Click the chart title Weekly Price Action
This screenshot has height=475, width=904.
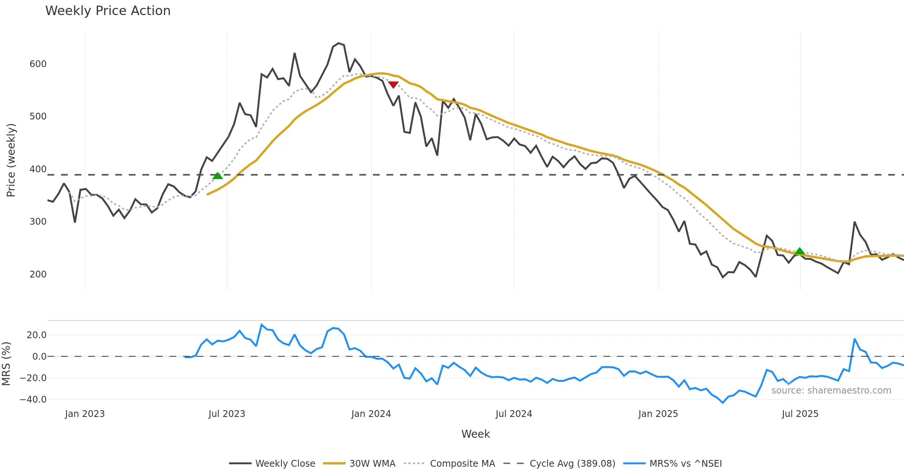pos(108,11)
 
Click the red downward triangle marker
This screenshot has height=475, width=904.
pos(393,85)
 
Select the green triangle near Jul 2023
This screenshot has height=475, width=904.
pos(217,176)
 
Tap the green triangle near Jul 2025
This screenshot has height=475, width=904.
pos(800,251)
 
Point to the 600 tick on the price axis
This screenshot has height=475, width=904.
pos(38,64)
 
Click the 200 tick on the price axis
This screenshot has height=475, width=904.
pos(38,274)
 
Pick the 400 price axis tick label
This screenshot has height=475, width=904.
pos(38,169)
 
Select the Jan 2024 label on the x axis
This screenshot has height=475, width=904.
pos(371,414)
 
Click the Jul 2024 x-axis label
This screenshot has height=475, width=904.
pos(514,414)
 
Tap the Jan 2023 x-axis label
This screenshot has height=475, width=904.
pos(85,414)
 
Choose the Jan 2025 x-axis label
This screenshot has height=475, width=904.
pos(658,414)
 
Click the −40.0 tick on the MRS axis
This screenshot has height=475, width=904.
pos(33,399)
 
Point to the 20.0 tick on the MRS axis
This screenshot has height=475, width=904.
pos(37,335)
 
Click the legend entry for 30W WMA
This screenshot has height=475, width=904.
pos(372,463)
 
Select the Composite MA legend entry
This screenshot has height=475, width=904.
pos(462,463)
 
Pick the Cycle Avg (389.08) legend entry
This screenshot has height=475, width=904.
pos(572,463)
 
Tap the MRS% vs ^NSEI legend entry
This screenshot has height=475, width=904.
pos(686,463)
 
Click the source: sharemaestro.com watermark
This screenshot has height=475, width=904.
pos(831,391)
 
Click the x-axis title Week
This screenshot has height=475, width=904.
pos(475,434)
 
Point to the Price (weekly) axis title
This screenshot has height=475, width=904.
pos(11,160)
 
